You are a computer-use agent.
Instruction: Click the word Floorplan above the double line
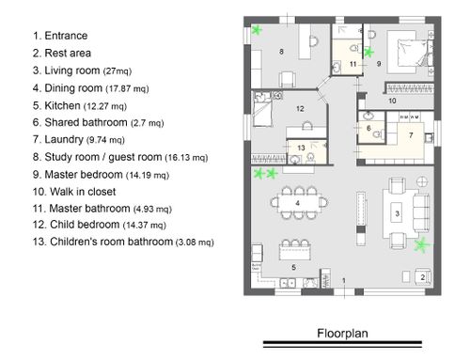click(x=342, y=333)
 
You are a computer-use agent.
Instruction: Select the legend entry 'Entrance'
click(x=66, y=36)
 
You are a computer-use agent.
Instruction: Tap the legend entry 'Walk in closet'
click(x=83, y=192)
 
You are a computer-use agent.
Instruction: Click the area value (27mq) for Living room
click(x=117, y=71)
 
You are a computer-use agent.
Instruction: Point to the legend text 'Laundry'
click(x=64, y=139)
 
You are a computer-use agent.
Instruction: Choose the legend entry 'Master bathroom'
click(x=89, y=209)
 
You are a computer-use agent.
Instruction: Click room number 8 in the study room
click(x=281, y=52)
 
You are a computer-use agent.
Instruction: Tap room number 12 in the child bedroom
click(x=300, y=109)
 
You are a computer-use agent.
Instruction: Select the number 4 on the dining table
click(x=298, y=203)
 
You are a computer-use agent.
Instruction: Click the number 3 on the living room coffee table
click(x=398, y=213)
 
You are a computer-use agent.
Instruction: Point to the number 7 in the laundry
click(x=411, y=135)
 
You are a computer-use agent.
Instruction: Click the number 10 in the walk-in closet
click(x=392, y=101)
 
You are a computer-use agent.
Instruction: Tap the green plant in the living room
click(x=421, y=245)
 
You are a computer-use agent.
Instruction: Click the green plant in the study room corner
click(x=257, y=30)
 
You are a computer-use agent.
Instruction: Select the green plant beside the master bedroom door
click(x=368, y=53)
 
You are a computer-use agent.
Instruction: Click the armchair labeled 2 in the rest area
click(x=423, y=276)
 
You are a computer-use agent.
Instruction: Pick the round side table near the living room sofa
click(x=422, y=181)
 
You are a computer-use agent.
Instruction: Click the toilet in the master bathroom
click(x=354, y=49)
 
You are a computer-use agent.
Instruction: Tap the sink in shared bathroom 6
click(x=368, y=117)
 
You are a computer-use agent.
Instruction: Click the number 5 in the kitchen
click(x=293, y=267)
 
